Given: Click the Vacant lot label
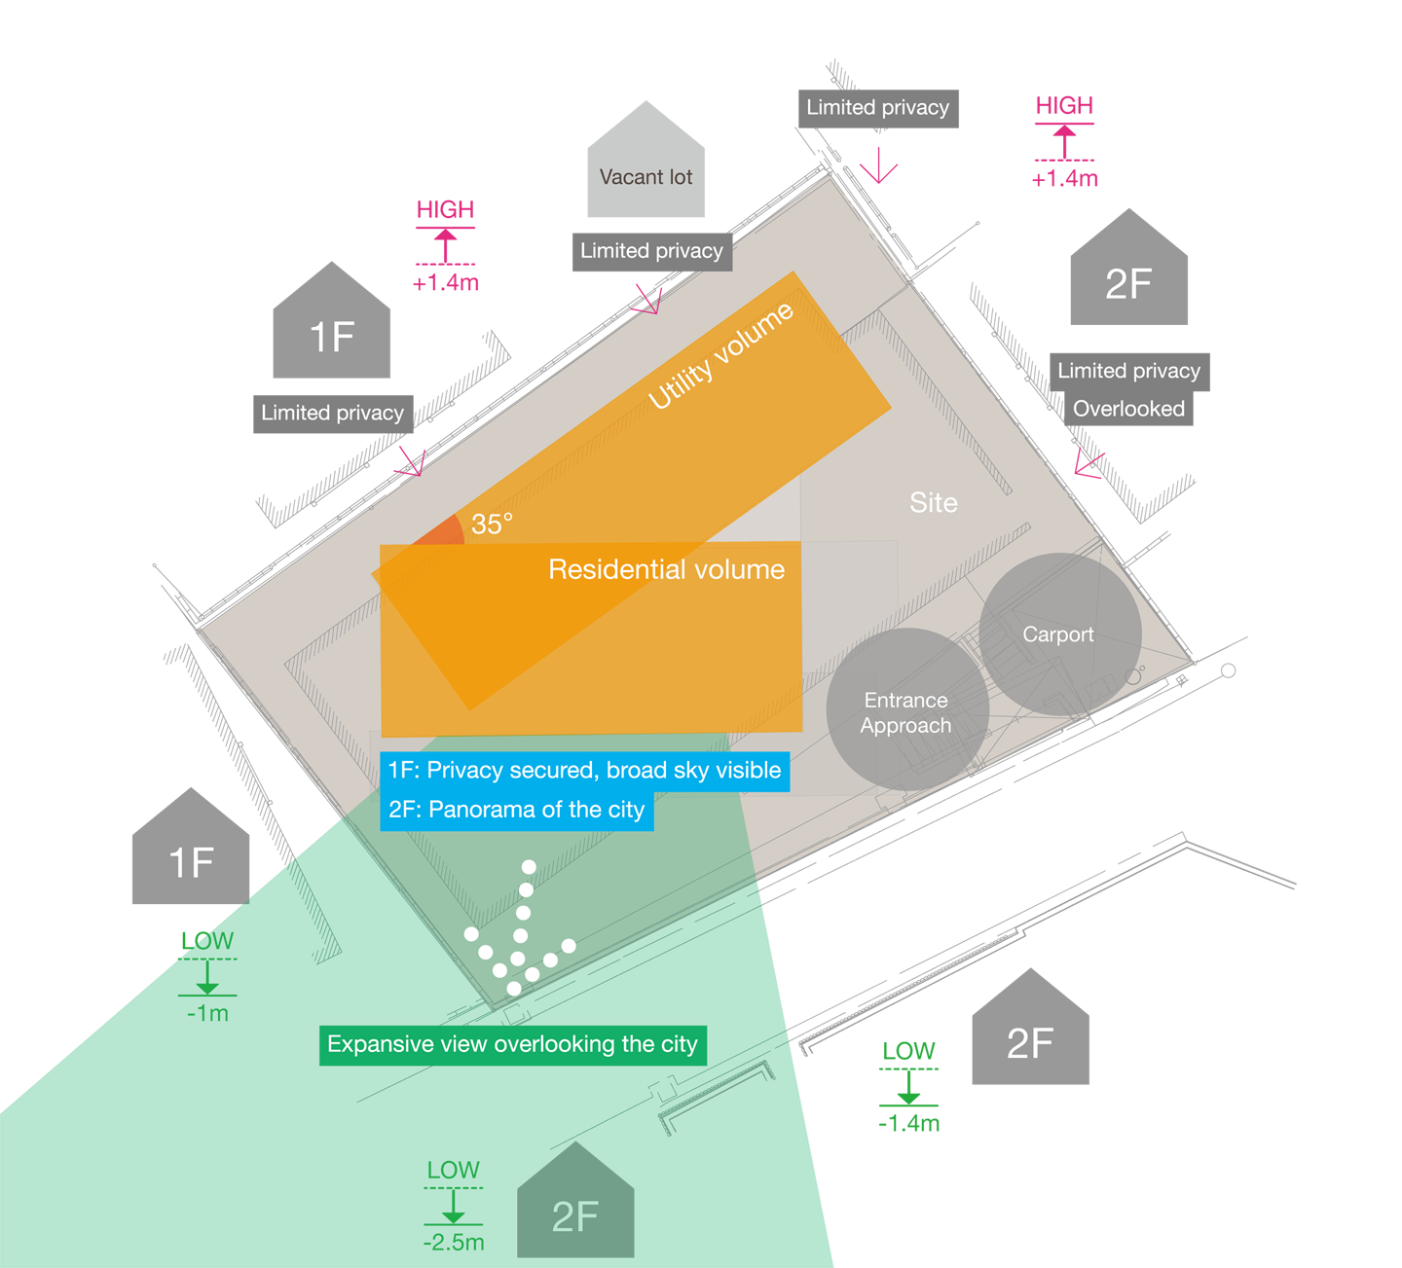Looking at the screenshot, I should [x=646, y=177].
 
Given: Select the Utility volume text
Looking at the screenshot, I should [x=720, y=356].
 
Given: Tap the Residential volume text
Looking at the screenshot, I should [x=666, y=569].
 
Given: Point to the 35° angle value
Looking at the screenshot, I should [x=492, y=524].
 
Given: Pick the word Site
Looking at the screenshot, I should [x=933, y=502].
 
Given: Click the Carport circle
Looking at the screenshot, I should [x=1059, y=634].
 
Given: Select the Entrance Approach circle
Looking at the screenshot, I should [x=906, y=711].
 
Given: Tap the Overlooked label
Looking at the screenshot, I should [x=1128, y=409].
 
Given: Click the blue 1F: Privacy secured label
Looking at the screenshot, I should [x=584, y=771].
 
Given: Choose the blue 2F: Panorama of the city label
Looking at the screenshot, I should [x=516, y=810].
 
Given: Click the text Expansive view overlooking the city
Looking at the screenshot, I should [x=512, y=1044].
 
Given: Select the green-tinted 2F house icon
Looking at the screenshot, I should [x=574, y=1207].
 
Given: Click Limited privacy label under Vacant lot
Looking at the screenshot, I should [x=651, y=251].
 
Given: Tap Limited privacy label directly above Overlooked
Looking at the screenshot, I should [x=1128, y=371].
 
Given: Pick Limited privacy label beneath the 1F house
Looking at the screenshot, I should [x=332, y=413].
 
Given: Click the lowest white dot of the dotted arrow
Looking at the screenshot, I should [x=514, y=989].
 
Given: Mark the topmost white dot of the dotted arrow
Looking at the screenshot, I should [x=529, y=866].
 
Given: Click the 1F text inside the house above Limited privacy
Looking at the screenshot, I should [x=332, y=338].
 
